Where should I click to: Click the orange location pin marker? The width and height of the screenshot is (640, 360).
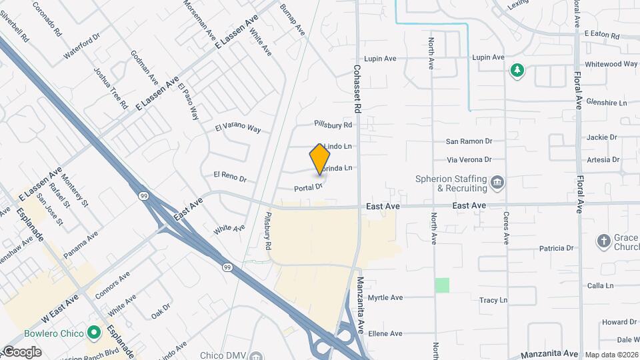click(320, 159)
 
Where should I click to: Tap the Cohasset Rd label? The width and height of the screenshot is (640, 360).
click(357, 87)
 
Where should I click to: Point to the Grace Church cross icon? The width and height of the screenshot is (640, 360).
click(603, 241)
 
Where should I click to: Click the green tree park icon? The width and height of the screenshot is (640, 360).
click(516, 70)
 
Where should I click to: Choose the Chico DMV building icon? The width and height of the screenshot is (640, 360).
click(256, 355)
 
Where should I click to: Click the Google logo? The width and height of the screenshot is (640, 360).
click(22, 351)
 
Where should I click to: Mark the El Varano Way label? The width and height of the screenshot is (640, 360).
click(238, 128)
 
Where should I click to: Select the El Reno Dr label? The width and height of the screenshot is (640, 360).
click(230, 177)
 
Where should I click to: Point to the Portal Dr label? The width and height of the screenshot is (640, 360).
click(308, 187)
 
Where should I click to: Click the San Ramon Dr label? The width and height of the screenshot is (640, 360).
click(469, 141)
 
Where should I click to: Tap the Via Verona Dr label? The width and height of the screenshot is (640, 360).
click(469, 160)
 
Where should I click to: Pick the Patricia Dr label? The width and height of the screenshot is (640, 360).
click(557, 248)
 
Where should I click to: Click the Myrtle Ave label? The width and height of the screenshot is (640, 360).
click(386, 297)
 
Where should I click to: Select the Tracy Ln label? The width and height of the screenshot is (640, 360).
click(493, 301)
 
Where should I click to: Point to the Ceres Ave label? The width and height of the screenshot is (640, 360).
click(507, 228)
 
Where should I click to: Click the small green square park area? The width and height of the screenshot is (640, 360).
click(442, 285)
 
